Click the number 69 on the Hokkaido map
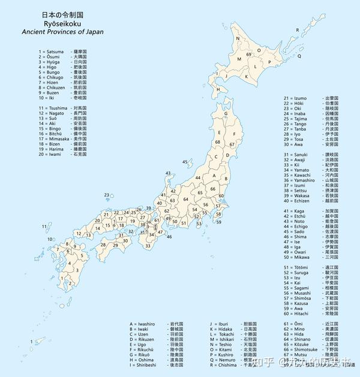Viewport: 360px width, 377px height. coord(248,55)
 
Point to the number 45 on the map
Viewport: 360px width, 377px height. coord(185,162)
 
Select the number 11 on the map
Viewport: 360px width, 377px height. coord(44,226)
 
